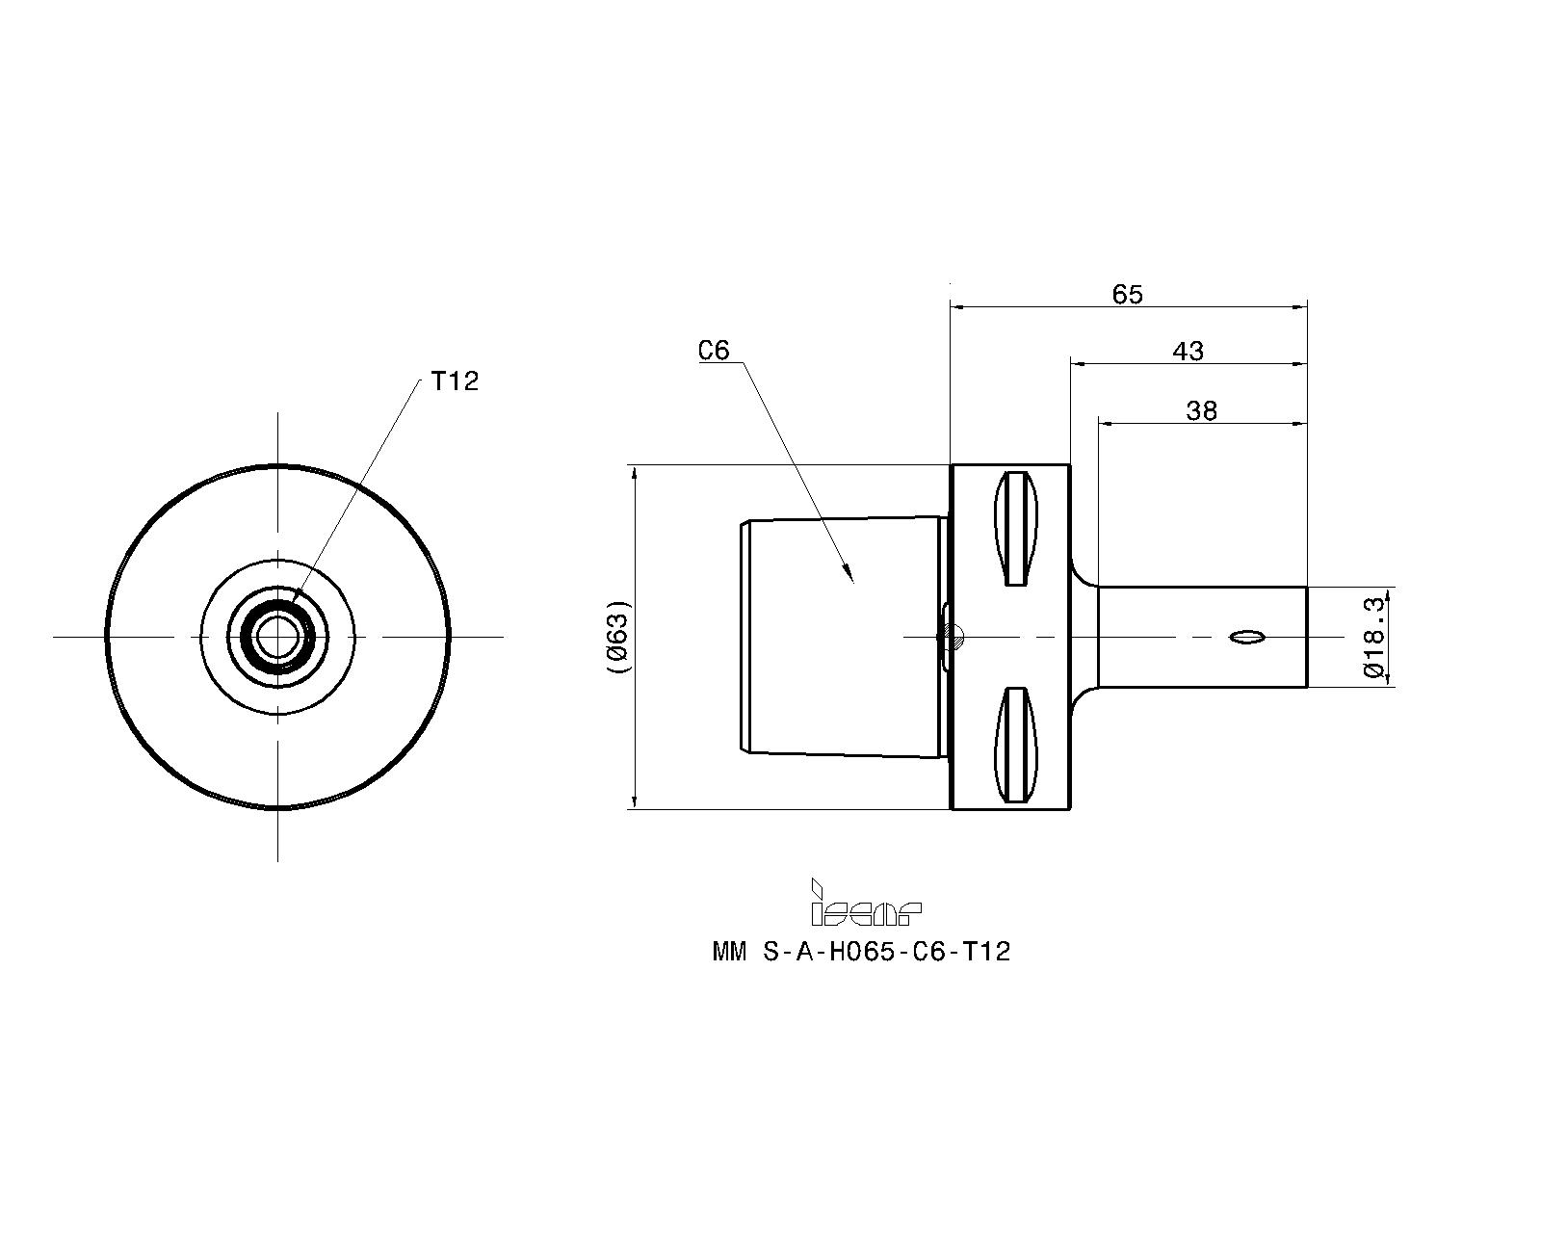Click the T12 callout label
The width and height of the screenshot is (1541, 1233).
[455, 381]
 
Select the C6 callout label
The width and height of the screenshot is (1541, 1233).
[714, 351]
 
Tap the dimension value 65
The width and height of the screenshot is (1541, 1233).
[1127, 294]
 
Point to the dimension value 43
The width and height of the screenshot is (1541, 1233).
[1188, 352]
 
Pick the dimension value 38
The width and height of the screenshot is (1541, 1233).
[1201, 411]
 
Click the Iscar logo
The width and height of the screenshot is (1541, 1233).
[865, 904]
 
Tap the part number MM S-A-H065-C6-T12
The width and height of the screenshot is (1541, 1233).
[861, 953]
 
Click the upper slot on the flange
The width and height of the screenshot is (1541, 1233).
[1016, 528]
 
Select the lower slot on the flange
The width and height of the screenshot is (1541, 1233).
[1016, 745]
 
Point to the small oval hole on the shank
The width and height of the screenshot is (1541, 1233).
[1248, 637]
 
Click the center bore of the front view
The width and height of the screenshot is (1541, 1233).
[278, 636]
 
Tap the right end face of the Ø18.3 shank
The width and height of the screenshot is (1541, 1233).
[1306, 637]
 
